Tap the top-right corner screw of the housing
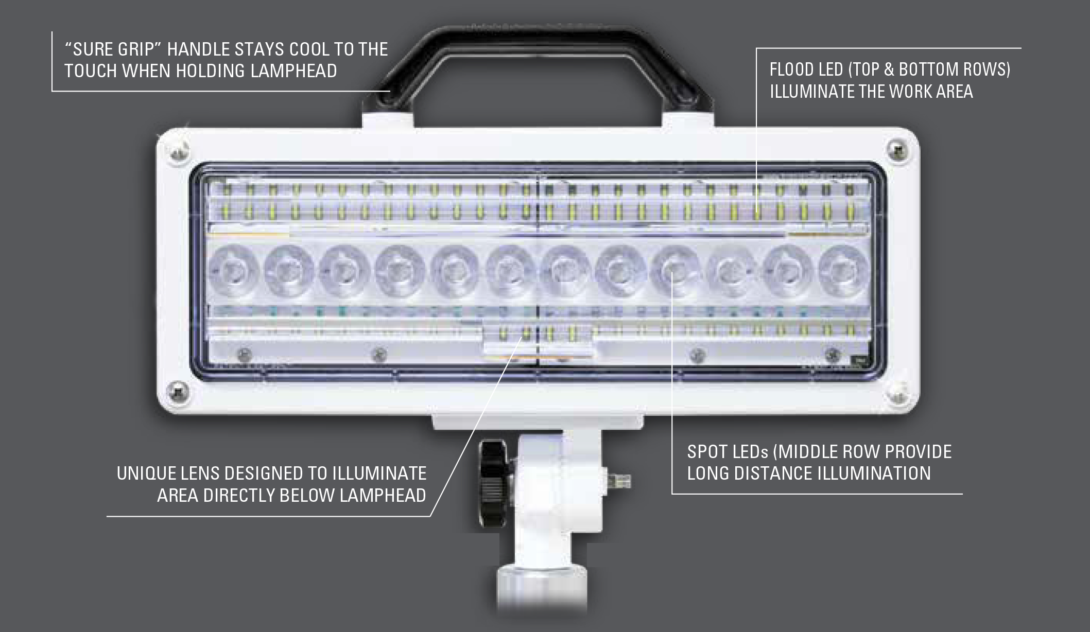click(897, 150)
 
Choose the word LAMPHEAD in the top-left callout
click(293, 71)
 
